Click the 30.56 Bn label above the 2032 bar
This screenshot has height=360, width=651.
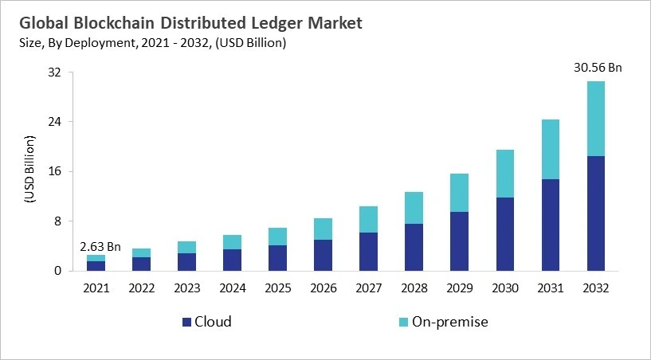pyautogui.click(x=596, y=68)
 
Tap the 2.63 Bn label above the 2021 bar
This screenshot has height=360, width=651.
pyautogui.click(x=101, y=246)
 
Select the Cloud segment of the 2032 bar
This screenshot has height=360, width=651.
pyautogui.click(x=596, y=213)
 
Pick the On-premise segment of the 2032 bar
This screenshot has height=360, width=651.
pyautogui.click(x=596, y=119)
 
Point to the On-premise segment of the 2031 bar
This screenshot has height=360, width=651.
pyautogui.click(x=551, y=149)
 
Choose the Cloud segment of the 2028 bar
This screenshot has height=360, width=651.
pyautogui.click(x=414, y=247)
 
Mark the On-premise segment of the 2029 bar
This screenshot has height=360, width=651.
pyautogui.click(x=459, y=193)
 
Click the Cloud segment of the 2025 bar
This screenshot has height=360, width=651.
pyautogui.click(x=277, y=258)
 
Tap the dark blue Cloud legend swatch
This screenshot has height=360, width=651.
pyautogui.click(x=187, y=322)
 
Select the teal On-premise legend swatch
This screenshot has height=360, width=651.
pyautogui.click(x=402, y=322)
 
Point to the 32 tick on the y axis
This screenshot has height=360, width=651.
pyautogui.click(x=55, y=72)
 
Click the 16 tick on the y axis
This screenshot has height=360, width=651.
pyautogui.click(x=55, y=171)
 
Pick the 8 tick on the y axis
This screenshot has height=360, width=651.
pyautogui.click(x=57, y=221)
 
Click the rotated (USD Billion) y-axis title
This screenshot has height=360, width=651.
pyautogui.click(x=30, y=171)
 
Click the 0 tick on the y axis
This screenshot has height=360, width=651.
pyautogui.click(x=57, y=271)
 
